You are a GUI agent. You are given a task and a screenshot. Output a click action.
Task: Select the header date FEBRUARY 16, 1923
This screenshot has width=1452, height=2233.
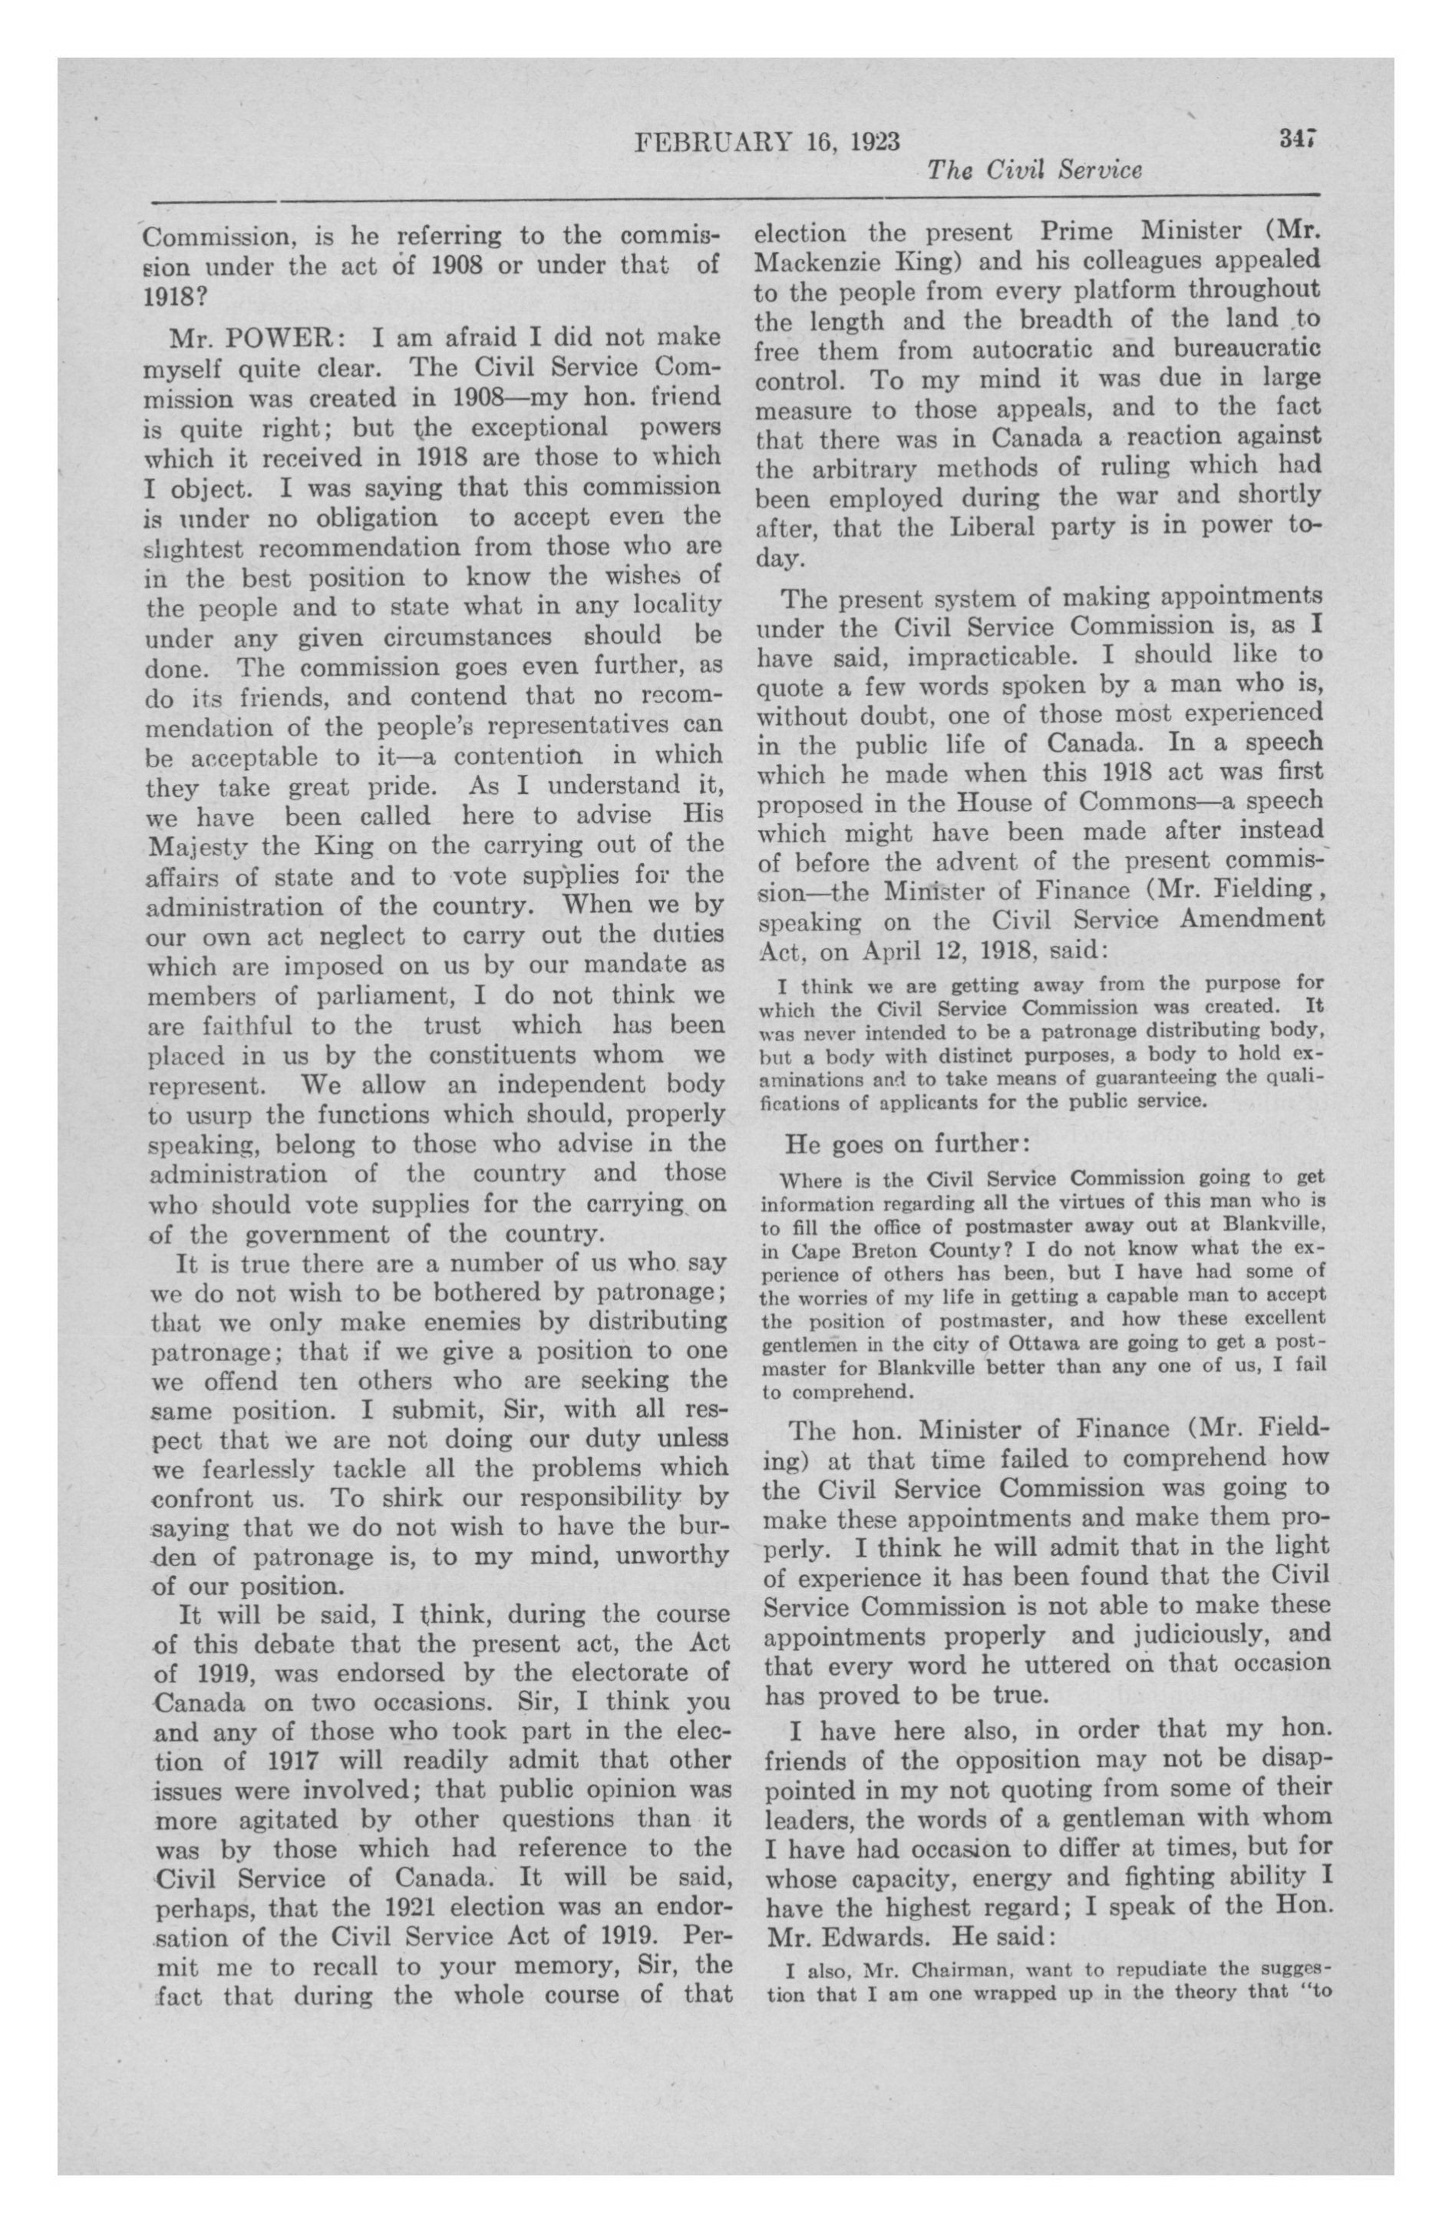click(767, 143)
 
